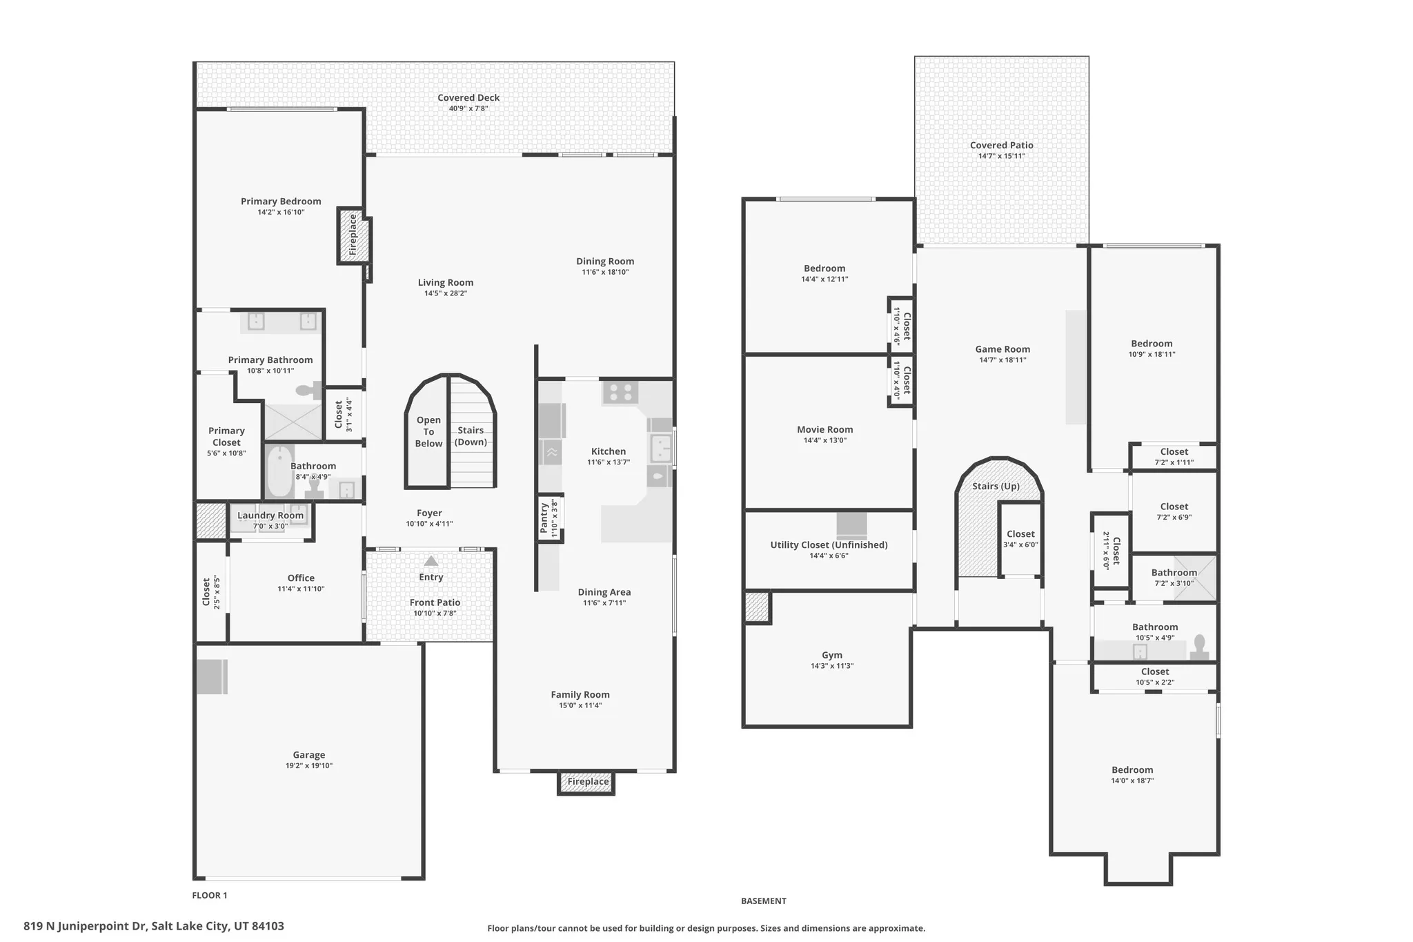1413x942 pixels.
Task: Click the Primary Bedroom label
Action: (x=281, y=202)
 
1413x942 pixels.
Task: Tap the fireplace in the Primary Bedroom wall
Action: (x=353, y=235)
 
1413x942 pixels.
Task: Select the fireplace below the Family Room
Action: (x=587, y=782)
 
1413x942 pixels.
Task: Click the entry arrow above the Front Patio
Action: (x=431, y=561)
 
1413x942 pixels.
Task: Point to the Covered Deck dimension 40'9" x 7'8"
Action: (x=468, y=108)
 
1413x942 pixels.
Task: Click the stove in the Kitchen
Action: (x=620, y=393)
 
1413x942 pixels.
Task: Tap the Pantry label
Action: (x=544, y=518)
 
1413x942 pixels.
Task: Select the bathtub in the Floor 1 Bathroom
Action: (x=279, y=472)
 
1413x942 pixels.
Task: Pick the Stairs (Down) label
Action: (x=471, y=436)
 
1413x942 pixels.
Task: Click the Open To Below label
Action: (x=428, y=432)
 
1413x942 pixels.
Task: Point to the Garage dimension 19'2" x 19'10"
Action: (x=308, y=765)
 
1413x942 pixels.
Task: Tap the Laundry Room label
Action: (x=270, y=516)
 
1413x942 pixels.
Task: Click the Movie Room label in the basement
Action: (x=824, y=429)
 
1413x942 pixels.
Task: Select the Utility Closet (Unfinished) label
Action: (x=829, y=544)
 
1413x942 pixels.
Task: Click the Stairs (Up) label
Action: (x=996, y=487)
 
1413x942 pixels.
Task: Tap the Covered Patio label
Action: (x=1001, y=145)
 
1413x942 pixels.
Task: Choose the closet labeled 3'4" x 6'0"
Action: (x=1020, y=539)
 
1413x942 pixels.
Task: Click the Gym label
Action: (x=832, y=655)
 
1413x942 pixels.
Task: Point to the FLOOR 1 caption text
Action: (x=209, y=895)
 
